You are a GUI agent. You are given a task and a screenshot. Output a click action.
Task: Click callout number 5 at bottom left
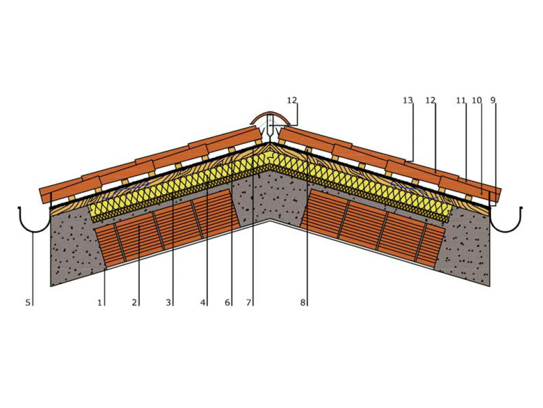[x=29, y=303]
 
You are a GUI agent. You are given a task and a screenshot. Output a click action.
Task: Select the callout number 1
[x=99, y=303]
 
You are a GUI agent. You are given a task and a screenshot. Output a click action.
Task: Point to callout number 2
[x=135, y=303]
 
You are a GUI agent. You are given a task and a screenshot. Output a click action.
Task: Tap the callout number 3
[x=169, y=303]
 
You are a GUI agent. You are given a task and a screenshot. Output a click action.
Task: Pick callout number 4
[x=203, y=303]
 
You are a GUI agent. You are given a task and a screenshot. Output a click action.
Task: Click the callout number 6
[x=227, y=303]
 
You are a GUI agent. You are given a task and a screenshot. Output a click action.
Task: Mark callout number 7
[x=248, y=303]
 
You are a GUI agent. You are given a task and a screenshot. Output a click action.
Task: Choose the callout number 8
[x=303, y=303]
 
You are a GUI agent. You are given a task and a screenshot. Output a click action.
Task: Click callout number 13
[x=407, y=100]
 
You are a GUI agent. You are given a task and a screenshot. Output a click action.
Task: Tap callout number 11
[x=460, y=100]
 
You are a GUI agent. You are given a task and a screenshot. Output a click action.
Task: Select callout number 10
[x=476, y=100]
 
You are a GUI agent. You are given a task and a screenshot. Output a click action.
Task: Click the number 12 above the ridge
[x=293, y=100]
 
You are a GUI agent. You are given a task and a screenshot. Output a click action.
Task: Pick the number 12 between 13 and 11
[x=430, y=100]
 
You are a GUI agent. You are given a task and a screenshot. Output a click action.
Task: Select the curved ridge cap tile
[x=270, y=115]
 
